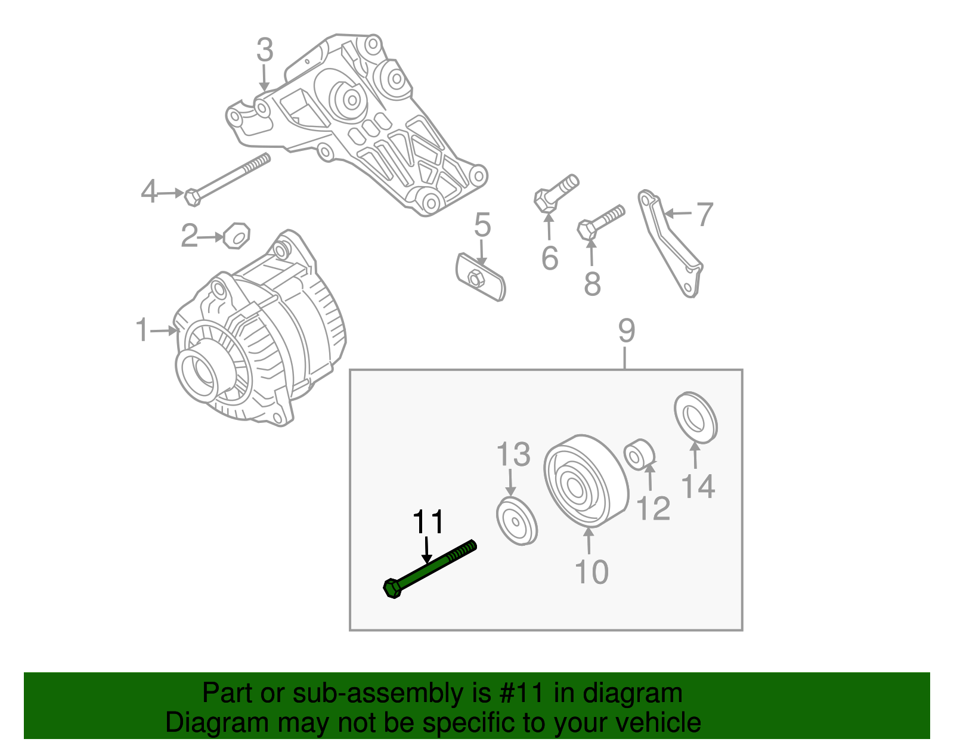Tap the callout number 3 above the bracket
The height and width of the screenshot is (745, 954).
pos(265,50)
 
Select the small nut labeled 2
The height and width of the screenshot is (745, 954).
pos(237,236)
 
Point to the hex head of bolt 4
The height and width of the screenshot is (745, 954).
pos(192,197)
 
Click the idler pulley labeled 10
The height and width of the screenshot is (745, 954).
pos(585,481)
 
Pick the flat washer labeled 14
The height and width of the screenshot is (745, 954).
pos(695,418)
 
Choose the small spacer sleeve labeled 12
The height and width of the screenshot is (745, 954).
pos(640,455)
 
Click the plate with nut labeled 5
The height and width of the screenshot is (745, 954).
pos(480,277)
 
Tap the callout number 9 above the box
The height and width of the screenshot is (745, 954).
pos(627,330)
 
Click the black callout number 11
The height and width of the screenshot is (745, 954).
pos(428,523)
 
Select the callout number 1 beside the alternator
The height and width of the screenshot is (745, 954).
pos(142,330)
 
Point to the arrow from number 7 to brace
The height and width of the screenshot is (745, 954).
pos(679,213)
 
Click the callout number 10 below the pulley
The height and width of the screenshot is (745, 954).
pos(591,571)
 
